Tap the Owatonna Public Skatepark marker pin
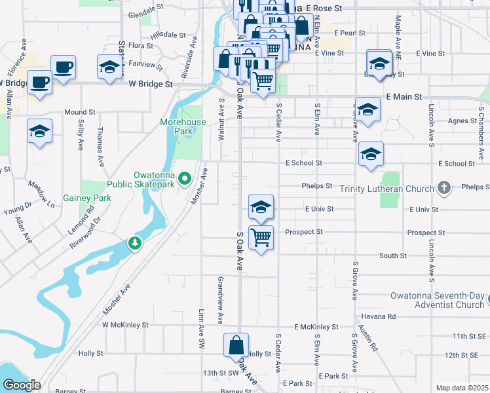point(185,178)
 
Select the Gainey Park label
point(87,197)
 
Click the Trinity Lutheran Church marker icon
point(444,188)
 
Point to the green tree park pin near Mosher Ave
point(135,244)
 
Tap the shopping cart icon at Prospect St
point(261,236)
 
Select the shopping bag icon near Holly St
point(236,345)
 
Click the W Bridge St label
point(150,84)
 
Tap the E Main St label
point(404,96)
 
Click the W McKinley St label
point(125,325)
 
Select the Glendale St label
point(145,13)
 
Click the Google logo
point(21,385)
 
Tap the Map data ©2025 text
point(462,388)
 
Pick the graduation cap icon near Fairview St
point(109,66)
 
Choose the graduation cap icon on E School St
point(371,154)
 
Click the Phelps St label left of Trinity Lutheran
point(317,186)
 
